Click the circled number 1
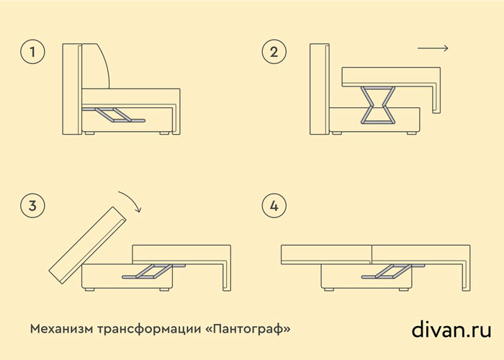(x=32, y=52)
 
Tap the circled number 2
(x=274, y=52)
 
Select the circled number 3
(x=32, y=206)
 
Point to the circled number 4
(x=274, y=206)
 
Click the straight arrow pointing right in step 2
(x=433, y=48)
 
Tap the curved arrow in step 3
(x=133, y=198)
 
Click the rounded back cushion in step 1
(x=96, y=66)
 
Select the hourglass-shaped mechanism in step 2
(x=378, y=105)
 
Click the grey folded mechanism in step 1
(x=114, y=114)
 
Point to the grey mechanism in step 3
(x=153, y=271)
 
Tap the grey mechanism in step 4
(x=393, y=271)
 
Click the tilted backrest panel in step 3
(x=87, y=246)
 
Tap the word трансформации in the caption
(x=148, y=330)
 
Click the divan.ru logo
(x=451, y=329)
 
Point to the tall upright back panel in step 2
(x=320, y=89)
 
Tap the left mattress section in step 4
(x=327, y=255)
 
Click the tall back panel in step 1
(x=72, y=89)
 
